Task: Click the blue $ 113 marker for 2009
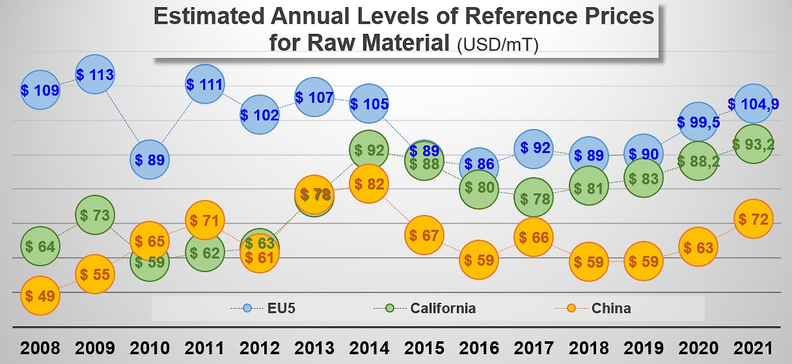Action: click(95, 75)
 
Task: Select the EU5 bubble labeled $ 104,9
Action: click(754, 104)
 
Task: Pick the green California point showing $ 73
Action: click(95, 214)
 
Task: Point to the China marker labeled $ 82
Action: click(369, 184)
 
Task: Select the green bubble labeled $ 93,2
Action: click(754, 145)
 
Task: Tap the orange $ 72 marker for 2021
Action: click(754, 219)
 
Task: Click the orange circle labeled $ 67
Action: click(424, 235)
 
